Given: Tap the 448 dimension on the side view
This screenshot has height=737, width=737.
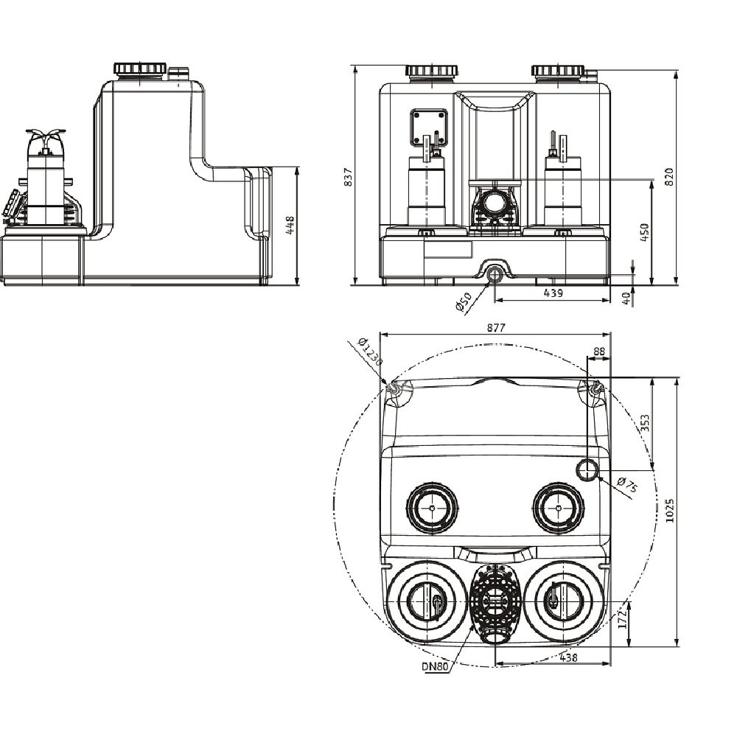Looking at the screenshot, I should tap(290, 225).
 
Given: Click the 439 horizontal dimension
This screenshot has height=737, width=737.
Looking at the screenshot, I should tap(553, 293).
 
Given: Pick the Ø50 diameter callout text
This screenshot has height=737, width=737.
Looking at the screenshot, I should tap(464, 302).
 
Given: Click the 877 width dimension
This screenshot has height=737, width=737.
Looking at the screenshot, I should tap(495, 329).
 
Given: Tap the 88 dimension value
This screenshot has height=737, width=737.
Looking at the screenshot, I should tap(598, 352).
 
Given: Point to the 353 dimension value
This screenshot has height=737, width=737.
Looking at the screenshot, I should tap(644, 422).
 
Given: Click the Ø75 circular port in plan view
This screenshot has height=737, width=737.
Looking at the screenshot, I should tap(588, 469).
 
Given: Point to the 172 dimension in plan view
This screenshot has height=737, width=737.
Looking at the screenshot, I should tap(621, 618).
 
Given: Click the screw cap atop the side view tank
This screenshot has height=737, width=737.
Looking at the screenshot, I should tap(137, 69).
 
